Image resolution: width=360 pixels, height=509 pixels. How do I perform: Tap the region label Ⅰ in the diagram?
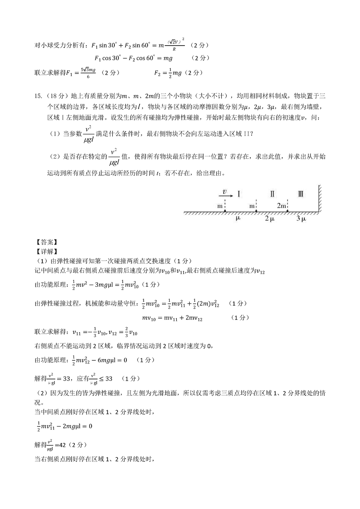pos(238,194)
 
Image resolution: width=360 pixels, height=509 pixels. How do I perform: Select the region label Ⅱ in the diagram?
pos(272,194)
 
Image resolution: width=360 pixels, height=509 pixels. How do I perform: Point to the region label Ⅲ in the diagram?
pos(301,194)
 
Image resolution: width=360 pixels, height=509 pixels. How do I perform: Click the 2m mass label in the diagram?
pos(281,206)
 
